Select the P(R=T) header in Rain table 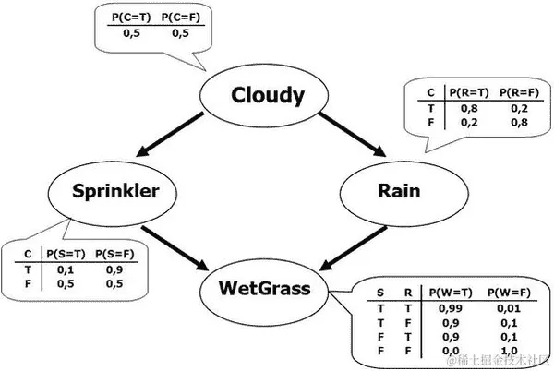[467, 92]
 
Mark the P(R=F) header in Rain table [515, 92]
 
